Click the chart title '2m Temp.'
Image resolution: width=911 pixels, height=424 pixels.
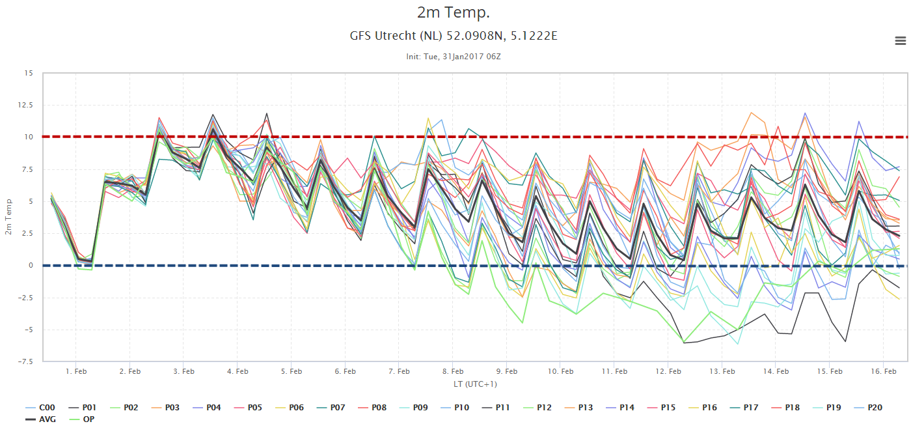[454, 12]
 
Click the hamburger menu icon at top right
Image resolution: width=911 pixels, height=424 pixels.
[901, 40]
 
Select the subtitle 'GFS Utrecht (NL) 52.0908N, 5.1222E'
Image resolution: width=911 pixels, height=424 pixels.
[454, 36]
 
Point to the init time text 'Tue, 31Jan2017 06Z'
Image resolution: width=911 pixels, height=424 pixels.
[462, 57]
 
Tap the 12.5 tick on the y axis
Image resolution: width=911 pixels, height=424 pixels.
[25, 105]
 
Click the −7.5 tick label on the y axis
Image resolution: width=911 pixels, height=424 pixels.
[25, 361]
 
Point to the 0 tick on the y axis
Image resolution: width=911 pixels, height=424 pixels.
[31, 265]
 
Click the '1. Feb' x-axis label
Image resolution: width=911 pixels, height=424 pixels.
[76, 371]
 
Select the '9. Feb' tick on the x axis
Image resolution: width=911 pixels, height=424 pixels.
[507, 371]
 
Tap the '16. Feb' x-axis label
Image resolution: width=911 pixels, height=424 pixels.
[884, 371]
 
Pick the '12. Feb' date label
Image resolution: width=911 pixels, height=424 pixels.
[668, 371]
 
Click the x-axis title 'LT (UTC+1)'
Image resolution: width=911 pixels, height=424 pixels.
[475, 384]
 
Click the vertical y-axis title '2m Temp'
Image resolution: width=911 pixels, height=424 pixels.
[8, 217]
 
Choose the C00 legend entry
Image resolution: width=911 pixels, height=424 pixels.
[40, 408]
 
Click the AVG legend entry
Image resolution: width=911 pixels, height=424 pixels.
[40, 419]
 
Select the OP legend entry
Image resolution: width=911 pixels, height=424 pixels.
[82, 419]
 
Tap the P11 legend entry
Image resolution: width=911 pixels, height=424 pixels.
[496, 408]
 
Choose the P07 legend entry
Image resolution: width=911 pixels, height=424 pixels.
[331, 408]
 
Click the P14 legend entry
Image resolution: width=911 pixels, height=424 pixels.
[620, 408]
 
